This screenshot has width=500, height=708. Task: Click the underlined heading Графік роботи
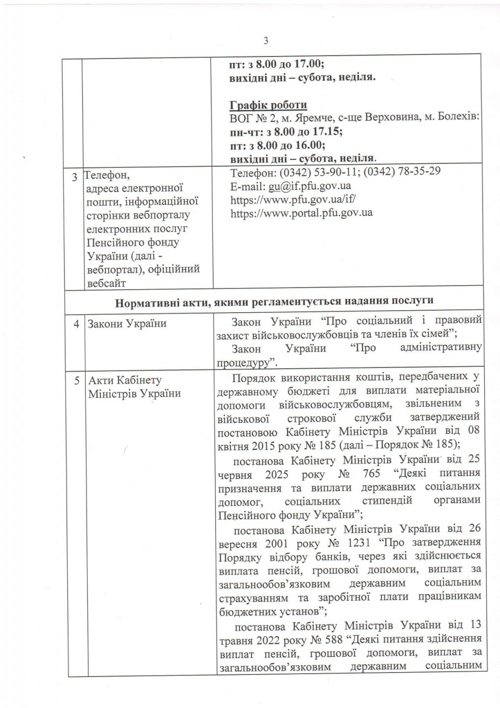click(268, 105)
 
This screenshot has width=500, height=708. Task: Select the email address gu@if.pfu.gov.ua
click(309, 186)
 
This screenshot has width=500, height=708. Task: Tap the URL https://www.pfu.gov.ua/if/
click(293, 199)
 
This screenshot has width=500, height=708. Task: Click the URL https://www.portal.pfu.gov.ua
click(301, 213)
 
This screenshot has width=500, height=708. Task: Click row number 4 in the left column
click(77, 324)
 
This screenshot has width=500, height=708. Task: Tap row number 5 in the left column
click(77, 380)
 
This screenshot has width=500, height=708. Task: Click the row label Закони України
click(126, 324)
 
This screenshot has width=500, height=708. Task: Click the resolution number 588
click(336, 639)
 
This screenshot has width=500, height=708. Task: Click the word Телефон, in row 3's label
click(107, 175)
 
